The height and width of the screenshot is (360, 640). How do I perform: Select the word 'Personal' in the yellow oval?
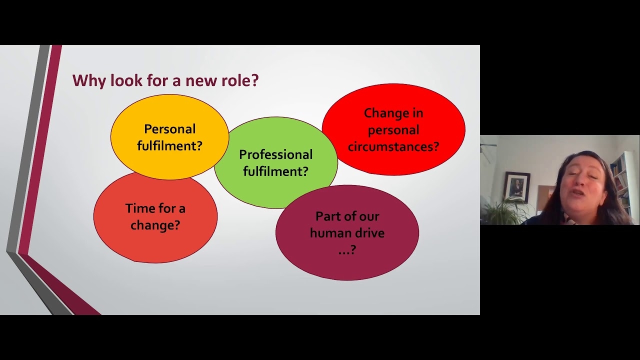(169, 129)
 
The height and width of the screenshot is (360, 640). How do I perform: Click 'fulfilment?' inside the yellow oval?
(169, 145)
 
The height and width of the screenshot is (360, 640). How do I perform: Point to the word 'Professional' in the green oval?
(275, 154)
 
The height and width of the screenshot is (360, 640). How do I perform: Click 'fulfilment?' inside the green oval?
(275, 171)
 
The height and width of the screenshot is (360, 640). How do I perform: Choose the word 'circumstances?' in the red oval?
(393, 146)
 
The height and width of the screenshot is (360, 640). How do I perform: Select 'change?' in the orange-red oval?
(155, 225)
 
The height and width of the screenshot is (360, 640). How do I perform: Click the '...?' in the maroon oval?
(347, 250)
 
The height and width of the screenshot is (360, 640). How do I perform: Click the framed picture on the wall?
(517, 187)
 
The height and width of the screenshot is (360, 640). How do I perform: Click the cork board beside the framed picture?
(544, 197)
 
